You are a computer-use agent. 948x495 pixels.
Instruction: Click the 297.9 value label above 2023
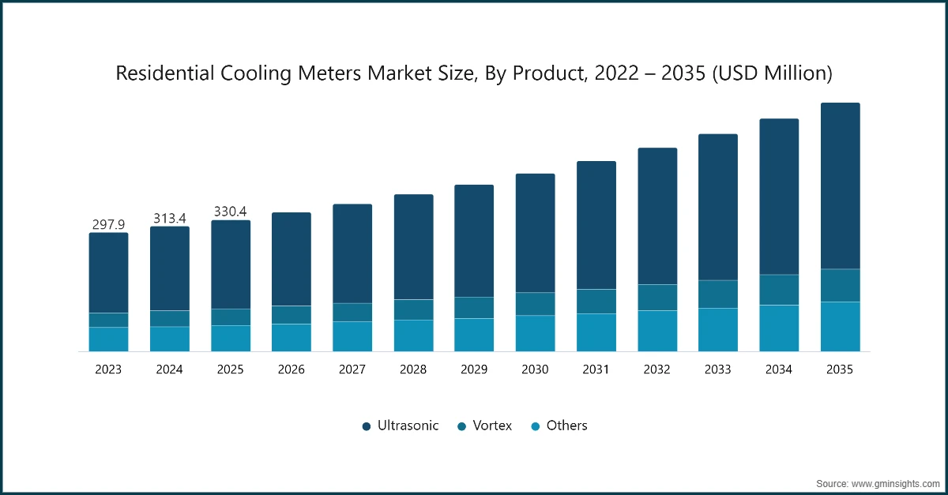(x=108, y=225)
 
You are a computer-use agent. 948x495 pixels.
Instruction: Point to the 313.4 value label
(x=170, y=219)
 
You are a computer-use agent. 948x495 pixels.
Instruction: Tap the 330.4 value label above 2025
(x=231, y=212)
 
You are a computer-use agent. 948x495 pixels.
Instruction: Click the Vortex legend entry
(x=484, y=426)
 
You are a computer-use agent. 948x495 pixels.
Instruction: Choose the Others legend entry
(x=559, y=426)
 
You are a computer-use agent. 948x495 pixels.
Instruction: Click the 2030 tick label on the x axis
(x=535, y=369)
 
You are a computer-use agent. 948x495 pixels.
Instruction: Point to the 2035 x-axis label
(x=840, y=369)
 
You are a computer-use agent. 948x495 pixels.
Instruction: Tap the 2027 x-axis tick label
(x=352, y=369)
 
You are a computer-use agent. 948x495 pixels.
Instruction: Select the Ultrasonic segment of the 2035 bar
(x=840, y=186)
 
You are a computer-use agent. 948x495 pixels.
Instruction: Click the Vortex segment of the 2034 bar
(x=779, y=290)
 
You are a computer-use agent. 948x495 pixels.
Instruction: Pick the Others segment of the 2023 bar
(x=108, y=339)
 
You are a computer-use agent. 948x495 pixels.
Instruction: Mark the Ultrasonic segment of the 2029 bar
(x=474, y=241)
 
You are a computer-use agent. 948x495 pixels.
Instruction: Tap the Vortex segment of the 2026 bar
(x=292, y=314)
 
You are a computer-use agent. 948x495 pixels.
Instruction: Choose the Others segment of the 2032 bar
(x=657, y=330)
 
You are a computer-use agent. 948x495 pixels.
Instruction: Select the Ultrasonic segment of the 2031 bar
(x=596, y=225)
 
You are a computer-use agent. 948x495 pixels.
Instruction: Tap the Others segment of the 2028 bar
(x=413, y=335)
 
